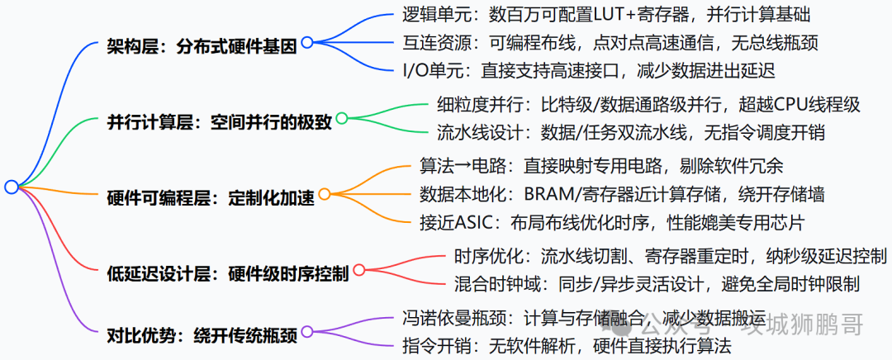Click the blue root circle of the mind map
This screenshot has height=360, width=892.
click(x=11, y=187)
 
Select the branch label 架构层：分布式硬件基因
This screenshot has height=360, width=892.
click(x=202, y=46)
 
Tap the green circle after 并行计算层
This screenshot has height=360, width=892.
click(x=342, y=118)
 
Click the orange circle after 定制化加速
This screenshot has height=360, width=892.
click(x=325, y=194)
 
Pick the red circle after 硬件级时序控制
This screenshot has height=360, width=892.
click(x=358, y=269)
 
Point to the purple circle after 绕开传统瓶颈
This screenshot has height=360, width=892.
click(x=307, y=331)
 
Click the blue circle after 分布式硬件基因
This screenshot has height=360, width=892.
click(x=307, y=42)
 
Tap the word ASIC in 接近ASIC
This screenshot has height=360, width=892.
click(x=474, y=222)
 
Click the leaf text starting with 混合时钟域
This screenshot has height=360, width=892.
click(x=656, y=283)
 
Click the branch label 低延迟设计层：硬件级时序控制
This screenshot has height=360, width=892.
click(x=227, y=274)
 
